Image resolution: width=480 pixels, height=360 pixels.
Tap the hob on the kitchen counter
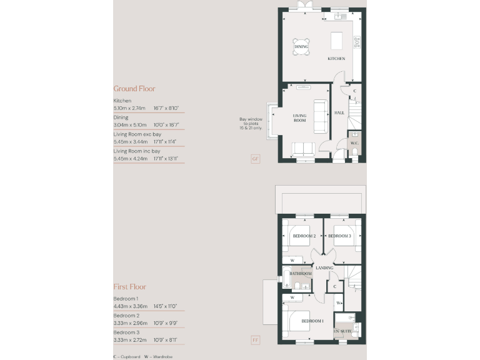357,42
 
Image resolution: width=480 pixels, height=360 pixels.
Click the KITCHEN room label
336,59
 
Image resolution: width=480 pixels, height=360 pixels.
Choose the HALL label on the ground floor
339,112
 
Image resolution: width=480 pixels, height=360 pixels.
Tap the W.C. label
354,143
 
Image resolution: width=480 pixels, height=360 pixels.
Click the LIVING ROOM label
300,117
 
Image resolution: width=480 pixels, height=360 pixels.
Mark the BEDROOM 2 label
304,236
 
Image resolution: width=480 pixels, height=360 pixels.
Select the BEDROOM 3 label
339,236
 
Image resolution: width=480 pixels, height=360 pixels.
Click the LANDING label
324,268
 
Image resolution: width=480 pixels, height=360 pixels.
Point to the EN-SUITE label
342,331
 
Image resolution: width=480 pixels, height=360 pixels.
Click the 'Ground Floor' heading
134,89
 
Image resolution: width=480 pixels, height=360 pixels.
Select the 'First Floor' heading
129,287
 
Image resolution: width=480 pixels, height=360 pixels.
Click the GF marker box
255,159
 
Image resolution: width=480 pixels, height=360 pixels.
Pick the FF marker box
255,341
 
